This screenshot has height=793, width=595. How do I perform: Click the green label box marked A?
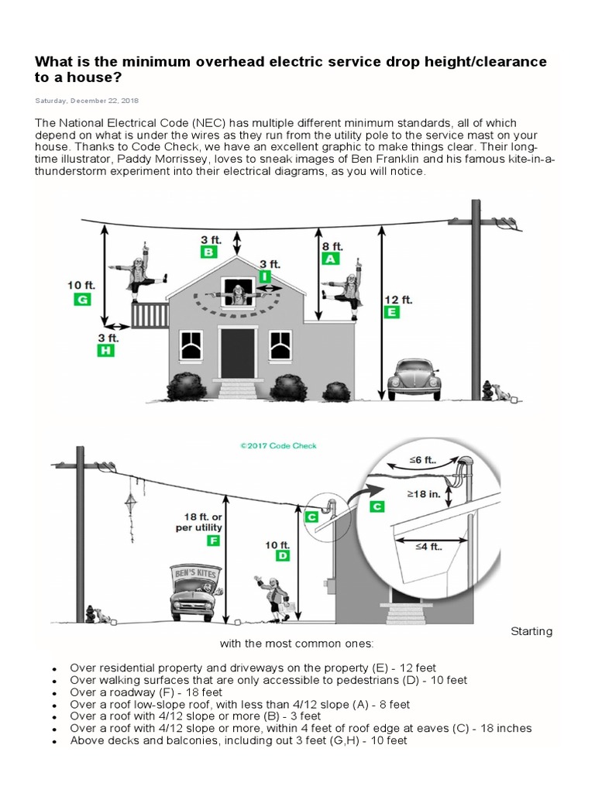[x=331, y=259]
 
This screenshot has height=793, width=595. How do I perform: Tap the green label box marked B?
[x=209, y=252]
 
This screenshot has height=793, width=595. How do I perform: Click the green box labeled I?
[x=266, y=276]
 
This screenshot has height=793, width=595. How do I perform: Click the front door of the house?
[x=237, y=352]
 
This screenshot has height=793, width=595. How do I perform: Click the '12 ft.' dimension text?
[x=398, y=299]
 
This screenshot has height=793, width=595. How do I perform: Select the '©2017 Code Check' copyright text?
[x=278, y=446]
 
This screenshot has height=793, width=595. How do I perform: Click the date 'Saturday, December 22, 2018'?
[x=87, y=100]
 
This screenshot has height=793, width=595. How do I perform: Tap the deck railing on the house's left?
[x=150, y=315]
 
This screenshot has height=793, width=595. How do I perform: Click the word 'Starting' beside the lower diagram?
[x=531, y=630]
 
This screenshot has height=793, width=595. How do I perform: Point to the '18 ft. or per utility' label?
[x=198, y=522]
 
